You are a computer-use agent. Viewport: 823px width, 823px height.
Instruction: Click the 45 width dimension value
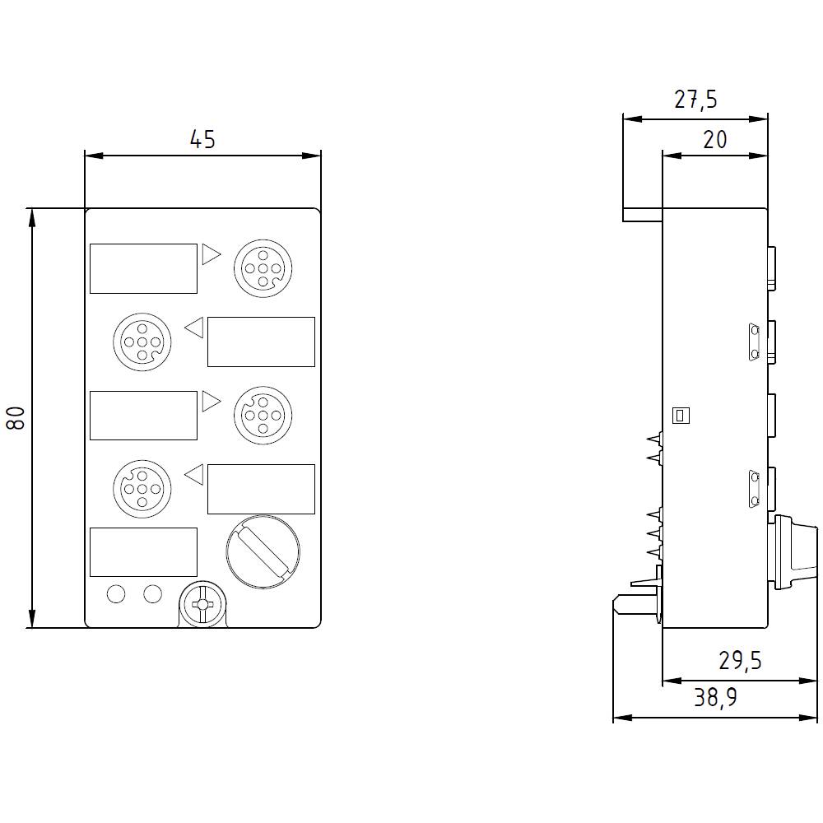click(x=202, y=140)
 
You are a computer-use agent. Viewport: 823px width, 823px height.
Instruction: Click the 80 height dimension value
click(x=17, y=417)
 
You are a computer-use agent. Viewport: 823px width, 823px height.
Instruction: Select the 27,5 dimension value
click(x=695, y=100)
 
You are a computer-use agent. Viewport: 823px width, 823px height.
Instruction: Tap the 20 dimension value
click(x=715, y=140)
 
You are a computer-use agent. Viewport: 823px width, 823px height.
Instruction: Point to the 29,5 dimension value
click(x=739, y=661)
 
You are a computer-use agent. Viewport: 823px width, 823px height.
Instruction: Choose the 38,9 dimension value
click(x=715, y=699)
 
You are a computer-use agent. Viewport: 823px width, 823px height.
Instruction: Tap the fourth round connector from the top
click(x=141, y=489)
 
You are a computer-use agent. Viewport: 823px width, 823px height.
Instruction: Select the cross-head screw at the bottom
click(x=202, y=606)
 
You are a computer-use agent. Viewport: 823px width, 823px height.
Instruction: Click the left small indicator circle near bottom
click(x=116, y=593)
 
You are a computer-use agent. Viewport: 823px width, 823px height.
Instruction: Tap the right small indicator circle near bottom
click(x=152, y=593)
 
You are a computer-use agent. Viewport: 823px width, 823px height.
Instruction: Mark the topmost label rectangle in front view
click(x=143, y=268)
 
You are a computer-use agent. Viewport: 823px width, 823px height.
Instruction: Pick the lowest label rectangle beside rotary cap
click(x=143, y=551)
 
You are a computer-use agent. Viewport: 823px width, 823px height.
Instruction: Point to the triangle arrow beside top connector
click(x=211, y=254)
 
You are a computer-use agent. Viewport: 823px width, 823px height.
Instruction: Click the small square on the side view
click(x=681, y=416)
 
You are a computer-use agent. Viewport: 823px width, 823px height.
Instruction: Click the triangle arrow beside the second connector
click(x=194, y=328)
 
